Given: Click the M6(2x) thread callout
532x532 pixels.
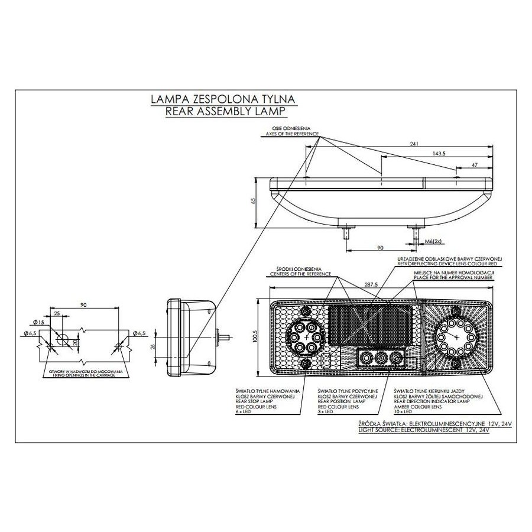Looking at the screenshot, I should tap(434, 242).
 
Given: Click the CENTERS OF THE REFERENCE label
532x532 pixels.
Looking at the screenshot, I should tap(301, 275).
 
